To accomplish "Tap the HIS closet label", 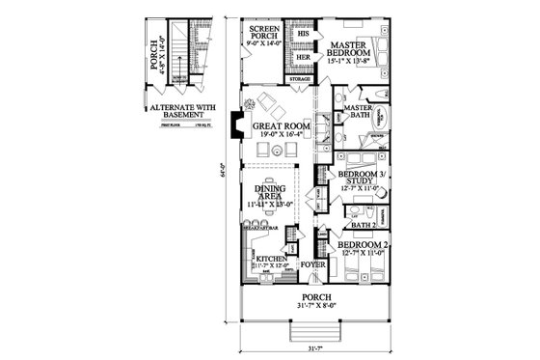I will coord(302,32).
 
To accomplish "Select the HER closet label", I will coord(302,57).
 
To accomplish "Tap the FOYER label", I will coord(311,263).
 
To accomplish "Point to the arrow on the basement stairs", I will coord(196,48).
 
